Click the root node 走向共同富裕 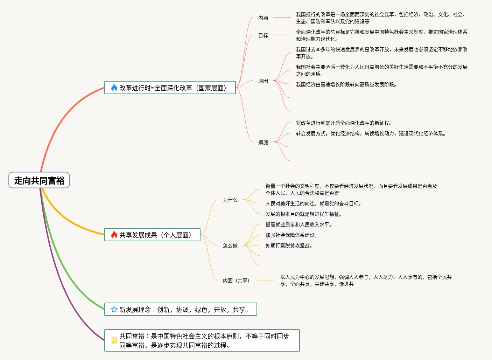click(39, 180)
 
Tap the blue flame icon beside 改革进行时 click(114, 88)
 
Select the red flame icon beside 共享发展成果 click(114, 235)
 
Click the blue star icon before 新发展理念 click(114, 310)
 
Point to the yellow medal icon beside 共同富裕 click(114, 340)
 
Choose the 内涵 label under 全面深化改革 click(263, 18)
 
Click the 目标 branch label click(263, 35)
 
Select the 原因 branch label click(263, 81)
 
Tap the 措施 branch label click(263, 142)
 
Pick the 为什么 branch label click(230, 200)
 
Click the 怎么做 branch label click(230, 245)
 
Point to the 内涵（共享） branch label click(237, 281)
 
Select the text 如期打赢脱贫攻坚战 click(289, 245)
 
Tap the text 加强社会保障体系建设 click(291, 235)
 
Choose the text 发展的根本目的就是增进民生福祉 click(303, 214)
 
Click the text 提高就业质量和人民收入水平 click(298, 224)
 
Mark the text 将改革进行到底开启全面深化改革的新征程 click(344, 123)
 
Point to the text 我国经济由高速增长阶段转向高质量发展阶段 click(346, 84)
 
